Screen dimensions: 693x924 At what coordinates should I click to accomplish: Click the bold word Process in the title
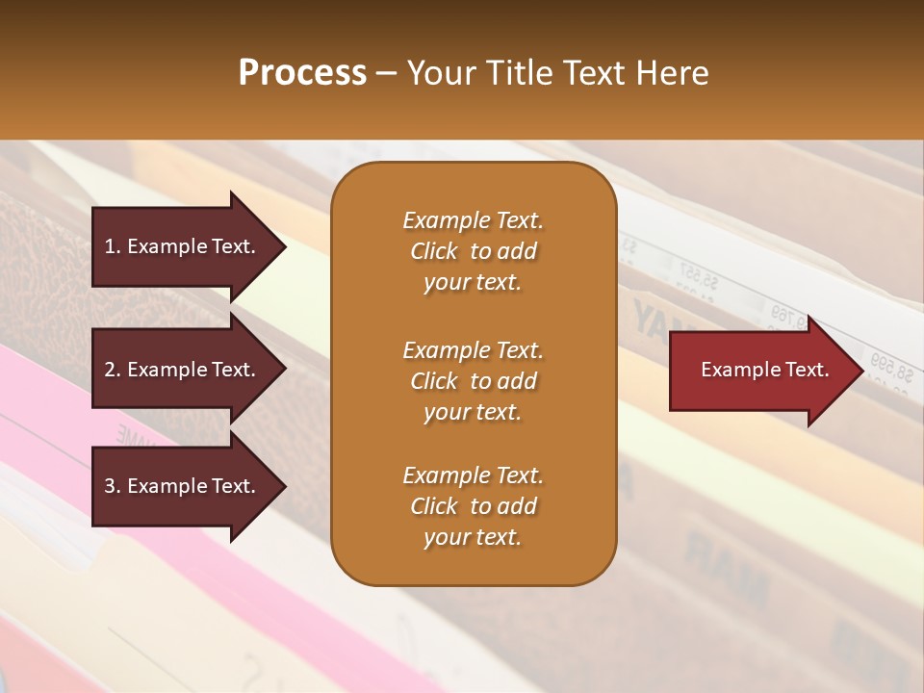(x=302, y=73)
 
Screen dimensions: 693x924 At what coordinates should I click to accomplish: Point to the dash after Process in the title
(x=386, y=74)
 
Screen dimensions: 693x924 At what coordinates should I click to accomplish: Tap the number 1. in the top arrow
(x=113, y=246)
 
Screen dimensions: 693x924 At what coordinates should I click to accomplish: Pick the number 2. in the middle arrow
(x=113, y=370)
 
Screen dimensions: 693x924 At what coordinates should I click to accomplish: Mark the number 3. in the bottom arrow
(x=113, y=486)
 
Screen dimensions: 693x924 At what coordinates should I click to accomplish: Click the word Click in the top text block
(x=433, y=251)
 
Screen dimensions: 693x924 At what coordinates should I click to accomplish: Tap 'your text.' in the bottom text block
(x=473, y=538)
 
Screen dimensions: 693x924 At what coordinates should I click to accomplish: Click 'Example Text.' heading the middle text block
(x=473, y=350)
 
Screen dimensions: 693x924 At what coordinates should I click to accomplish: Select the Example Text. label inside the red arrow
(x=764, y=370)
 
